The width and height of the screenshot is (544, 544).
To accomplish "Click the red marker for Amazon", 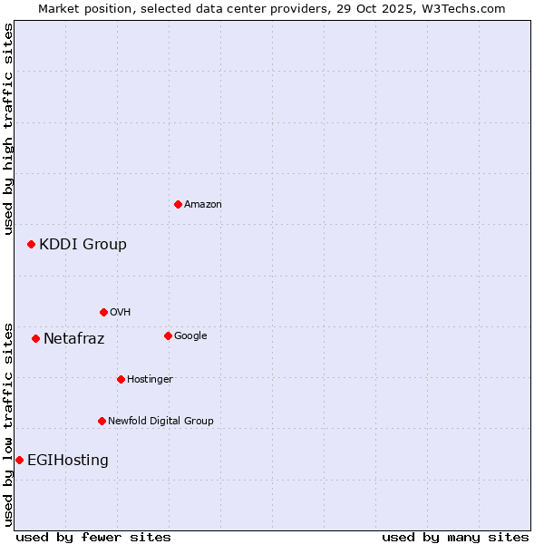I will tap(178, 204).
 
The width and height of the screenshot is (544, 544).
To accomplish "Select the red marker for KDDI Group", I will tap(31, 244).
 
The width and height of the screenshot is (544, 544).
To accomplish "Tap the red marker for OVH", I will tap(103, 312).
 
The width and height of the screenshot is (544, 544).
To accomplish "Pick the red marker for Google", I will tap(168, 335).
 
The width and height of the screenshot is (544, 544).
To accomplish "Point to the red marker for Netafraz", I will tap(35, 338).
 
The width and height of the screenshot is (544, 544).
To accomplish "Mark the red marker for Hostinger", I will tap(121, 379).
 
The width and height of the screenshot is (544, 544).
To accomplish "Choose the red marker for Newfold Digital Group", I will tap(102, 421).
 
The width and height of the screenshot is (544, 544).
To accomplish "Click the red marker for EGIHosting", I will tap(19, 460).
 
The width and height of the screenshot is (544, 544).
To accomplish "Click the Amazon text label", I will tap(203, 205).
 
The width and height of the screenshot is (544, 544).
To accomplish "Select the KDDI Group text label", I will tap(83, 244).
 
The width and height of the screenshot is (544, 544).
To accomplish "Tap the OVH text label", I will tap(121, 313).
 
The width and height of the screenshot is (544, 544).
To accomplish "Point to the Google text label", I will tap(190, 336).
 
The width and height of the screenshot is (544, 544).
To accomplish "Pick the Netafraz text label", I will tap(73, 339).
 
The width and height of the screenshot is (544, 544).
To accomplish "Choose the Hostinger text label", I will tap(150, 380).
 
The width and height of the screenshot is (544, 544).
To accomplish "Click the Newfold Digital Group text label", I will tap(160, 422).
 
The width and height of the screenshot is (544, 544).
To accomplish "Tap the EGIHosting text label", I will tap(68, 461).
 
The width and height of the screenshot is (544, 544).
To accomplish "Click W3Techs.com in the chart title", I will tap(469, 9).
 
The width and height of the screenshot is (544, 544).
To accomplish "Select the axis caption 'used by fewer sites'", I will tap(93, 537).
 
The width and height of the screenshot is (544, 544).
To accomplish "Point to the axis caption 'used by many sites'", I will tap(455, 537).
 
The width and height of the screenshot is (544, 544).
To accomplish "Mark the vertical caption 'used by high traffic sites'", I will tap(8, 129).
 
